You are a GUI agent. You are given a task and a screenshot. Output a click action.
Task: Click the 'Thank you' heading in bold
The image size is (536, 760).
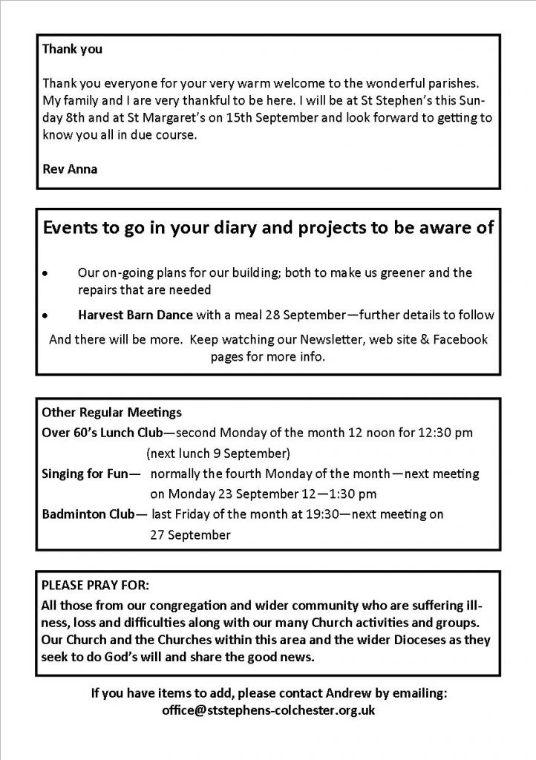(72, 50)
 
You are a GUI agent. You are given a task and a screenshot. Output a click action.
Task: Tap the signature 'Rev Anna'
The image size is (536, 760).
(70, 169)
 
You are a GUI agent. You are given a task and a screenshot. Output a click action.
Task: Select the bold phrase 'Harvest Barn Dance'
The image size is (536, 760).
(131, 315)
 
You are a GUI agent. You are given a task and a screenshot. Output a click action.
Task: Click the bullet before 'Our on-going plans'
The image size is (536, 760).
(47, 274)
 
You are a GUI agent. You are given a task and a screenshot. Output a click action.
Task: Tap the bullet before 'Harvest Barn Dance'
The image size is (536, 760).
(47, 315)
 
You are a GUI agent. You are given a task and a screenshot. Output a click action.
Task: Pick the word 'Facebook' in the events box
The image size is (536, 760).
(457, 340)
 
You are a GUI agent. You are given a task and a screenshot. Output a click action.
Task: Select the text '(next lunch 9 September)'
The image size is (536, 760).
(218, 453)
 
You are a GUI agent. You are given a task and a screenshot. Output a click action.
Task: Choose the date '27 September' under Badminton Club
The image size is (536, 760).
(190, 534)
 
